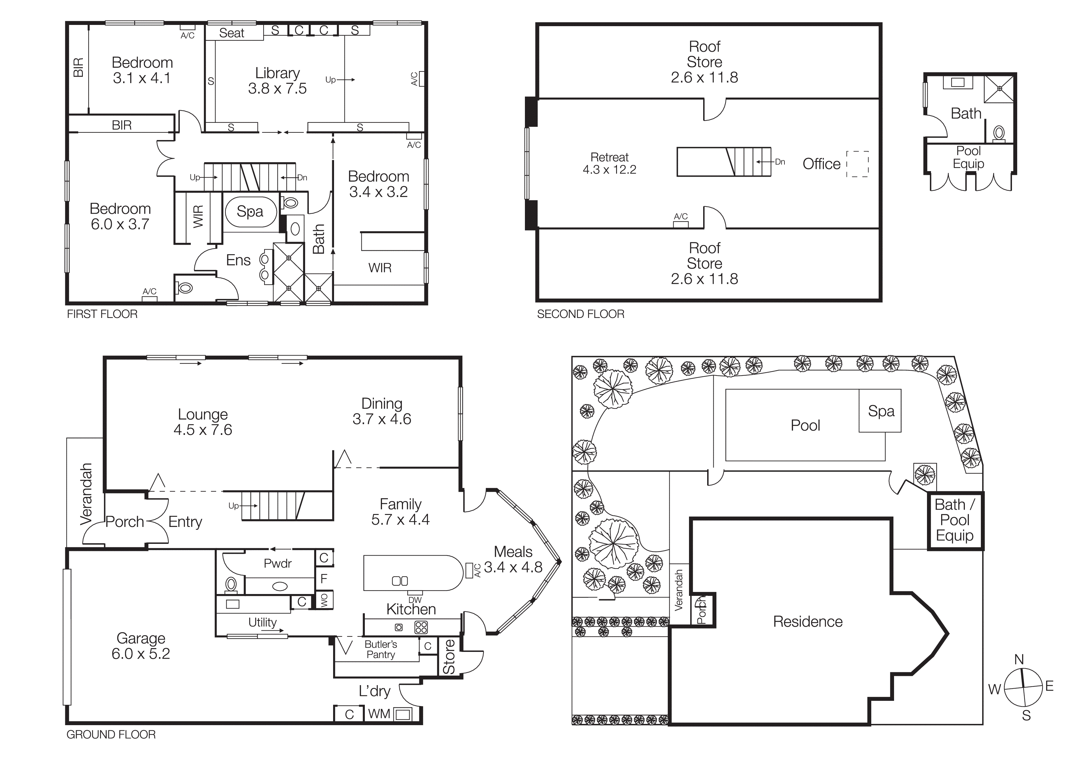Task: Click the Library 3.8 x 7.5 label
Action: click(x=277, y=80)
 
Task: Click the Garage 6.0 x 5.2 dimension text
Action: click(x=141, y=653)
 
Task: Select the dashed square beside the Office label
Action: click(x=857, y=164)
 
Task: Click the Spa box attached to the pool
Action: click(x=880, y=411)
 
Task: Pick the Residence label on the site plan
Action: click(x=808, y=621)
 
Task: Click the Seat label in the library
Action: click(x=232, y=33)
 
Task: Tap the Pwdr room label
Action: click(x=277, y=563)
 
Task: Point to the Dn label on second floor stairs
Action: click(x=780, y=162)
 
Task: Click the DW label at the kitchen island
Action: click(x=415, y=600)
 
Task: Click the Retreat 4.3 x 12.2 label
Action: click(x=609, y=163)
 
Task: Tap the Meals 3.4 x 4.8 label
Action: click(x=513, y=560)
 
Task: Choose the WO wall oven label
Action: click(x=324, y=600)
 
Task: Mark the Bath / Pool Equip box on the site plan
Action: click(x=955, y=520)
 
